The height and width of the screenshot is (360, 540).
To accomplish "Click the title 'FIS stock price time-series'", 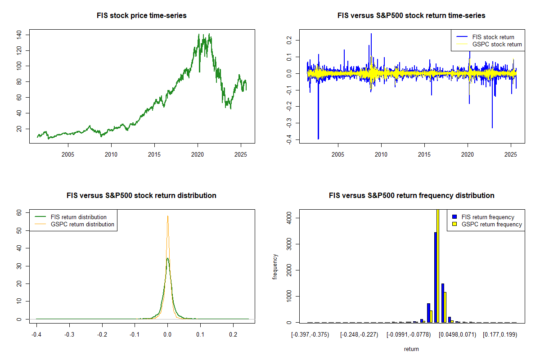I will (142, 16).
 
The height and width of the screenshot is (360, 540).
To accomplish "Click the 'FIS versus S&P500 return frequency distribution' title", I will (412, 196).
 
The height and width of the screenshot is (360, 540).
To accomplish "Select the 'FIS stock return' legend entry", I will (492, 37).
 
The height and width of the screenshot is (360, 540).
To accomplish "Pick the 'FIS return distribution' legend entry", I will (79, 217).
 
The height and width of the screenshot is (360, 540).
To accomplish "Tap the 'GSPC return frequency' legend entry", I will (491, 224).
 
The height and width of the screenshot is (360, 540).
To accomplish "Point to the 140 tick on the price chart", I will (19, 34).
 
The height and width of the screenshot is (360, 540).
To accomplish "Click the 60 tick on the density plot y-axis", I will (19, 213).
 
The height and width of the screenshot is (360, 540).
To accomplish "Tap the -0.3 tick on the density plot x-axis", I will (69, 335).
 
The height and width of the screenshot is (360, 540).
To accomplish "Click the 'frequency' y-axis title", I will (275, 267).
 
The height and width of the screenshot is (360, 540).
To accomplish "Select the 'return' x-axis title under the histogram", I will (411, 349).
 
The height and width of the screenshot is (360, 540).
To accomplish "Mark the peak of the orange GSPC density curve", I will (168, 216).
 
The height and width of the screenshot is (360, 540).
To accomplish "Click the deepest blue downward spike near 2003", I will (318, 138).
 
